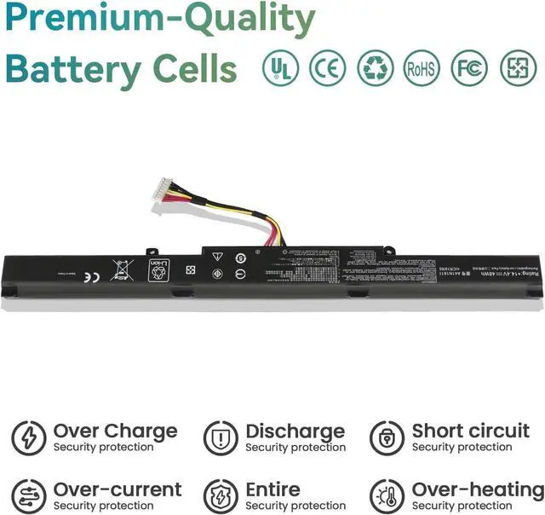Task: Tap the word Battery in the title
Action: click(72, 68)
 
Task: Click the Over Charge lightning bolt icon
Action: click(29, 438)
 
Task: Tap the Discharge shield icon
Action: click(221, 438)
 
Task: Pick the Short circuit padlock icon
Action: click(387, 438)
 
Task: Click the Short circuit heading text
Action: click(470, 431)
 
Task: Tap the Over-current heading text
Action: click(118, 489)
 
